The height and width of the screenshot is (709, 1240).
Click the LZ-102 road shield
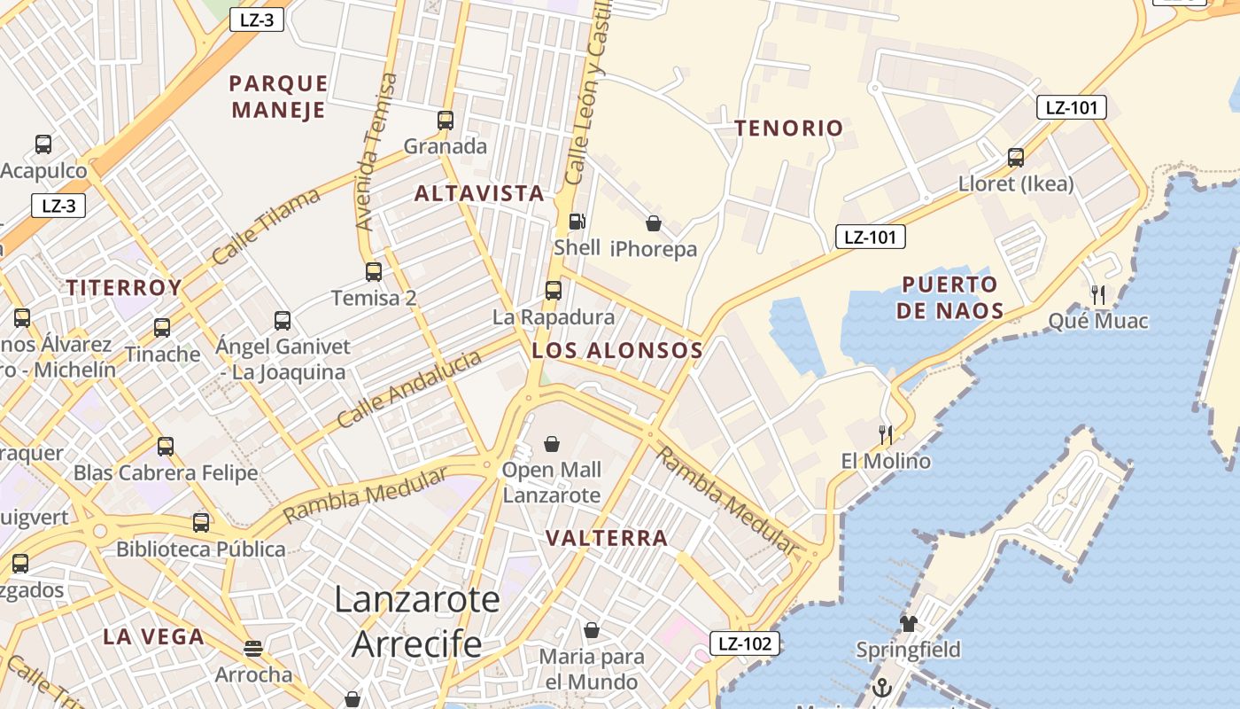pyautogui.click(x=745, y=643)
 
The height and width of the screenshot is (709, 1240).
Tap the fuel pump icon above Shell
pyautogui.click(x=577, y=221)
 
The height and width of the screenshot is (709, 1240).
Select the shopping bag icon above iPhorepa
pyautogui.click(x=654, y=223)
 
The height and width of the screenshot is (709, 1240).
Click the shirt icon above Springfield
pyautogui.click(x=908, y=623)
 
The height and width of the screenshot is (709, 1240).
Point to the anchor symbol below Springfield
pyautogui.click(x=881, y=688)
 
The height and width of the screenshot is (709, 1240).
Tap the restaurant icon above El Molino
pyautogui.click(x=885, y=434)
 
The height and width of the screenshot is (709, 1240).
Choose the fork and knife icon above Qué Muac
pyautogui.click(x=1098, y=294)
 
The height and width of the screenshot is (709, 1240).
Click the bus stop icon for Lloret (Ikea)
pyautogui.click(x=1016, y=158)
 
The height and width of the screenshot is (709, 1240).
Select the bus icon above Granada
pyautogui.click(x=446, y=120)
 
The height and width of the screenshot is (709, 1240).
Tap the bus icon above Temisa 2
pyautogui.click(x=374, y=271)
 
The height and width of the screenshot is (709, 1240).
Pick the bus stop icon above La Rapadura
pyautogui.click(x=554, y=290)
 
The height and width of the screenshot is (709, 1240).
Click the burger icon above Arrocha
pyautogui.click(x=253, y=649)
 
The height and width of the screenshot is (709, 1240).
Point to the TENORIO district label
pyautogui.click(x=788, y=129)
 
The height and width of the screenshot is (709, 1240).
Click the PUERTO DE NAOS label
pyautogui.click(x=949, y=298)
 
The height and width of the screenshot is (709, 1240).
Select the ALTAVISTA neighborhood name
pyautogui.click(x=479, y=193)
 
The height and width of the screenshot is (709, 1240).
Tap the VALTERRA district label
pyautogui.click(x=607, y=538)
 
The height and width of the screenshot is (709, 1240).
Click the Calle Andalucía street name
pyautogui.click(x=409, y=389)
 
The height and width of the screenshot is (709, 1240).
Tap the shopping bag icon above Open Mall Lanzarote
pyautogui.click(x=552, y=443)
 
